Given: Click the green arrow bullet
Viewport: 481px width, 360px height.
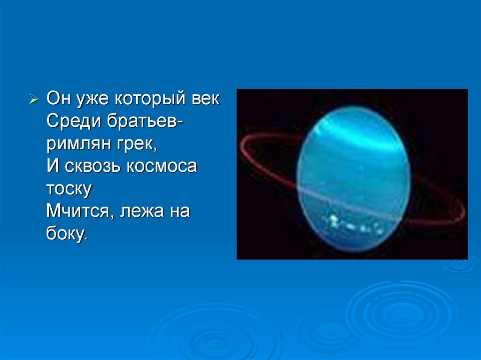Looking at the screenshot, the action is coord(34,100).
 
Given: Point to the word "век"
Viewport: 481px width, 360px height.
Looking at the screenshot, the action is coord(206,99).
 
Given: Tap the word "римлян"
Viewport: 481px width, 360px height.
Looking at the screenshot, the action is coord(79,145).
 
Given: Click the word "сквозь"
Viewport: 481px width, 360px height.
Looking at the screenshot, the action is coord(93,167).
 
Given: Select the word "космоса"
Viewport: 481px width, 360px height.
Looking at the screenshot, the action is coord(162,167).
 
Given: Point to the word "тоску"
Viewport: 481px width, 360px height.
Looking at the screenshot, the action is coord(69,190).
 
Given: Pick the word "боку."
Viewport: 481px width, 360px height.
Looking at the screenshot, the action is coord(67,233).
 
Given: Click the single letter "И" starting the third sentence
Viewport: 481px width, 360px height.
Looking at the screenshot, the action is coord(53,166).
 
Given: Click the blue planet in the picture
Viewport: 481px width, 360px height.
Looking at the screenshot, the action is coord(353,179).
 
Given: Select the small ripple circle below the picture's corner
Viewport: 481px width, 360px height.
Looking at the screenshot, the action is coord(459,264).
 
